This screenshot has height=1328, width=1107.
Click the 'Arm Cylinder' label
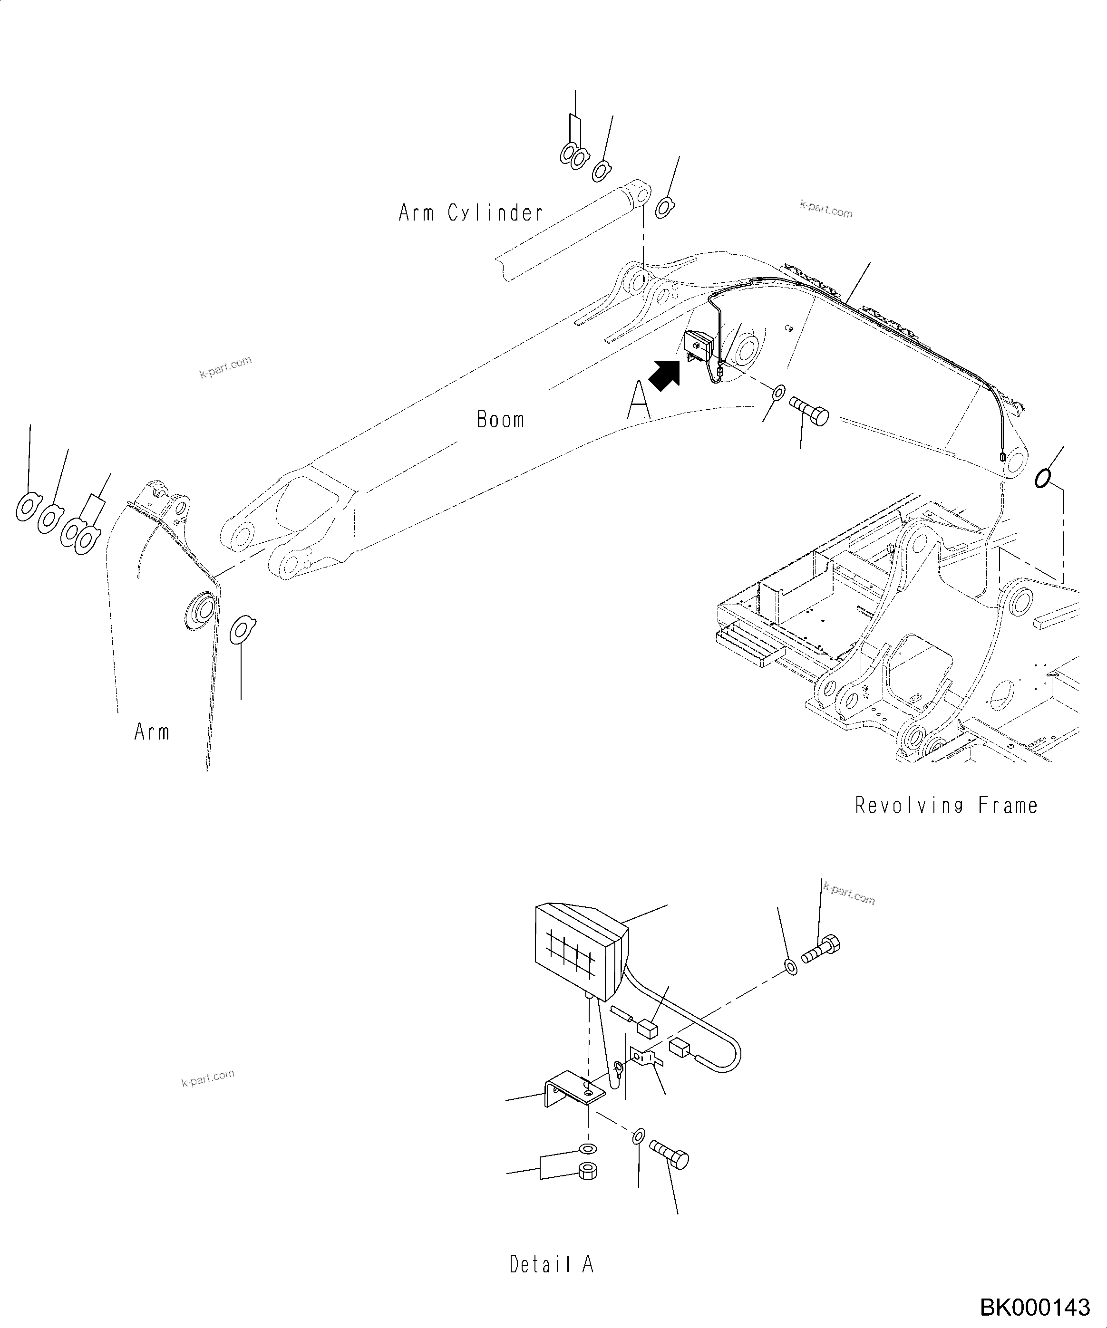[x=471, y=213]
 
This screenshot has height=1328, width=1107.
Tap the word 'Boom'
[x=500, y=420]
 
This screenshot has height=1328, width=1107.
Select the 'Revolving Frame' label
[x=946, y=806]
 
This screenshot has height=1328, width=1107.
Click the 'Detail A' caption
[x=552, y=1264]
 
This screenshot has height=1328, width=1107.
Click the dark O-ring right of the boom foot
[x=1042, y=478]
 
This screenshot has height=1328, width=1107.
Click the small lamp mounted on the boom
[x=699, y=346]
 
